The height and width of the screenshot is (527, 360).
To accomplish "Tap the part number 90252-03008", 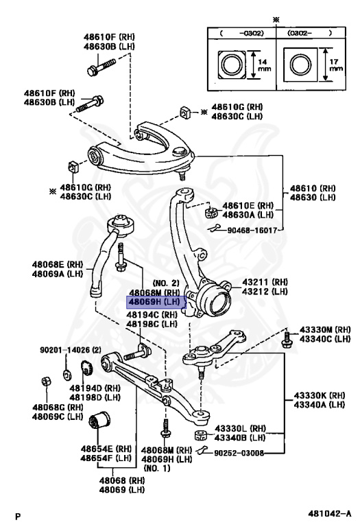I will (239, 452).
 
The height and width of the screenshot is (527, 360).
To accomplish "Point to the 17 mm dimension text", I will (335, 66).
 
